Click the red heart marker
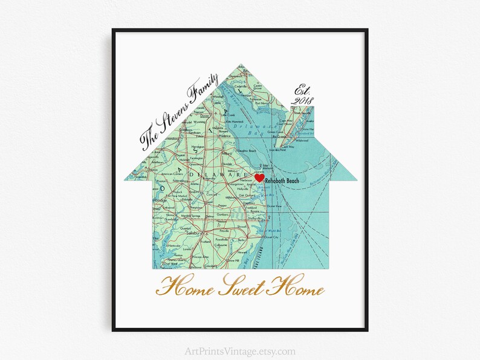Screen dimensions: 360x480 click(x=259, y=178)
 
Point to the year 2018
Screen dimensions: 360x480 click(x=302, y=100)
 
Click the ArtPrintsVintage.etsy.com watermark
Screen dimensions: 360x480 click(x=240, y=351)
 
